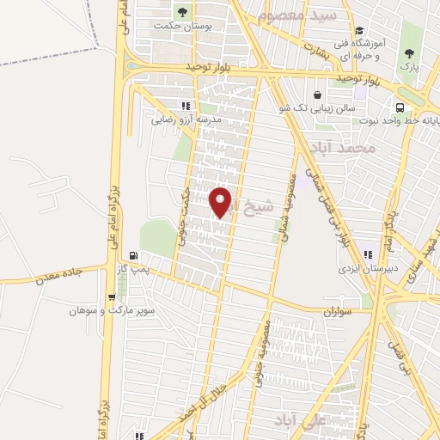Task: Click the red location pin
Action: tap(221, 201)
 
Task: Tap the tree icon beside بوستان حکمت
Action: tap(181, 12)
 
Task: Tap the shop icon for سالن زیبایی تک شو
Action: tap(319, 95)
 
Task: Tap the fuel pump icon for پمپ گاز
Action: tap(132, 254)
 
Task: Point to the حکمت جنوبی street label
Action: tap(183, 219)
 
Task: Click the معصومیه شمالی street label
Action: tap(285, 207)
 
